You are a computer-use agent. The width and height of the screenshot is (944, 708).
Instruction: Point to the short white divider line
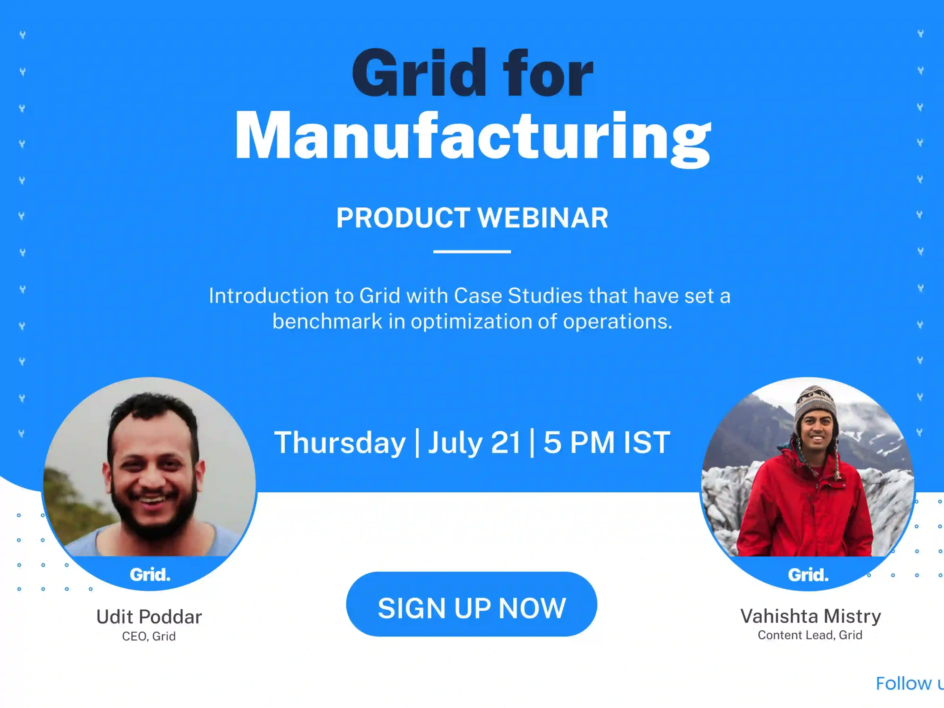coord(472,252)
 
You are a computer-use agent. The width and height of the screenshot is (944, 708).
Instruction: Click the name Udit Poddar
coord(149,617)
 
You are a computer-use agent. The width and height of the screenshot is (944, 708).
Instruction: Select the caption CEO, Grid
coord(149,636)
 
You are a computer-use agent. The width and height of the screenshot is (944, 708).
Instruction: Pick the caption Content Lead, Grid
coord(810,635)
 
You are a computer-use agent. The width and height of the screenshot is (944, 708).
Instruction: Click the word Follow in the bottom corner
coord(903,684)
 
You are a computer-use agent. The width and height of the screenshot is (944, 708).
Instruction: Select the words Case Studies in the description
coord(518,296)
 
